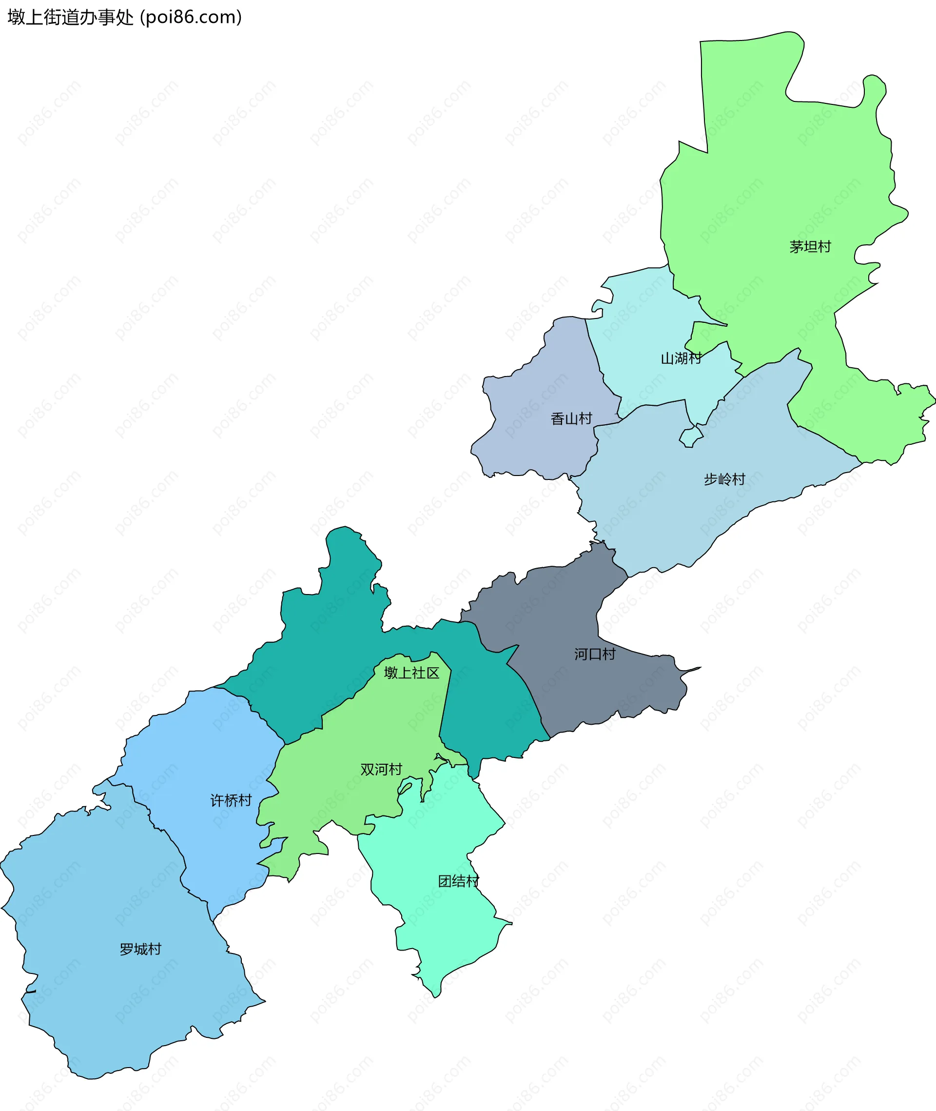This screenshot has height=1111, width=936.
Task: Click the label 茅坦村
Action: tap(810, 247)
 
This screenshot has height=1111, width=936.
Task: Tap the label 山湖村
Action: tap(681, 359)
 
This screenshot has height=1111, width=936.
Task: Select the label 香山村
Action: tap(571, 419)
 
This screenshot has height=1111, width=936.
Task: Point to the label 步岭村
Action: tap(724, 479)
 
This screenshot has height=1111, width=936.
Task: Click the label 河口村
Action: tap(594, 654)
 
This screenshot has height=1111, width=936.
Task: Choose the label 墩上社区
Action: tap(411, 673)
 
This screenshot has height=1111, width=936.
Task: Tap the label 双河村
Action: tap(381, 769)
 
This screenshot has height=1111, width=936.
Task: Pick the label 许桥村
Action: tap(231, 800)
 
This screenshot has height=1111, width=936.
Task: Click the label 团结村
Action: tap(458, 881)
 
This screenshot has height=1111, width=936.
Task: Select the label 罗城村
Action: tap(140, 949)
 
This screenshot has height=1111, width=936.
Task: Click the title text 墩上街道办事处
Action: tap(71, 18)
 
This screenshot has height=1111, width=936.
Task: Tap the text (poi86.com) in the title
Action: tap(191, 18)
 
